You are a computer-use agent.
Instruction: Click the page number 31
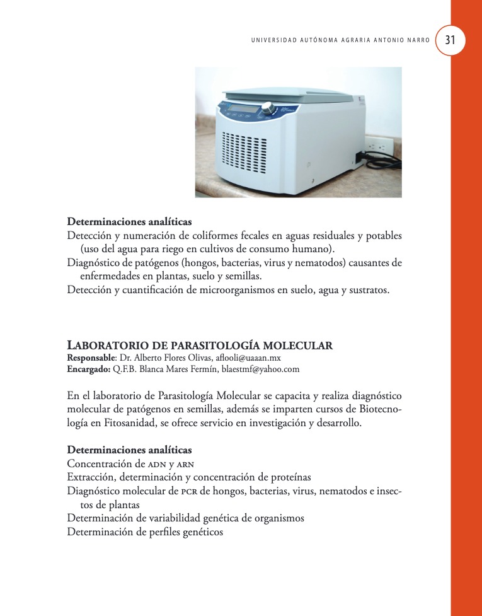click(x=450, y=39)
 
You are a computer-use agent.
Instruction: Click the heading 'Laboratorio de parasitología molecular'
click(x=200, y=345)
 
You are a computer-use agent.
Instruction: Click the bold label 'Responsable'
click(x=91, y=357)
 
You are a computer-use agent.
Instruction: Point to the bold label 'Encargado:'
click(x=89, y=369)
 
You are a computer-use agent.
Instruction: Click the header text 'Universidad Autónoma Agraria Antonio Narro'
click(x=341, y=40)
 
